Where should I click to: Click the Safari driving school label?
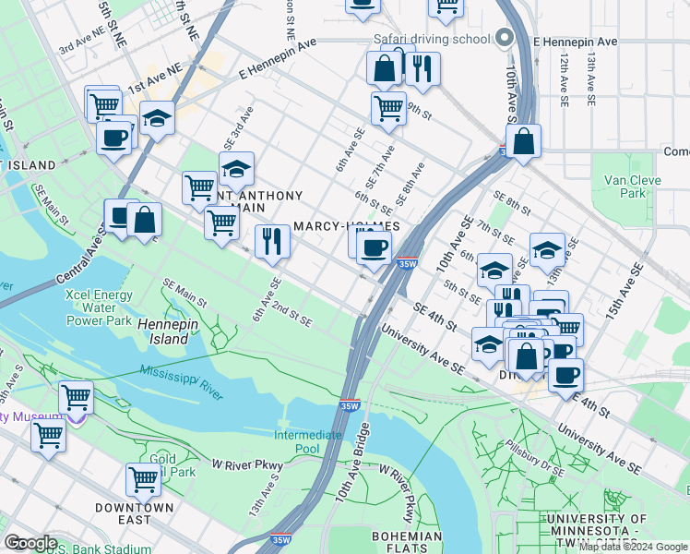(431, 39)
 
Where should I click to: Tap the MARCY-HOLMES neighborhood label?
(346, 226)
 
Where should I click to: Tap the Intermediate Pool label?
(308, 442)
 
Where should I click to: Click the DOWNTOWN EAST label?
(134, 513)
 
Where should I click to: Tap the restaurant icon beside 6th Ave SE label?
(271, 241)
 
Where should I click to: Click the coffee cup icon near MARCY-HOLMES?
(374, 247)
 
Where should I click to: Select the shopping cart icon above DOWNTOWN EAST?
(143, 478)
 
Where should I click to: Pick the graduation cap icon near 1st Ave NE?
(158, 118)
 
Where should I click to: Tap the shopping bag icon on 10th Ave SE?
(523, 141)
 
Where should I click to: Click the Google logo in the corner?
(30, 543)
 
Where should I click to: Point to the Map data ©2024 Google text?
(634, 547)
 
